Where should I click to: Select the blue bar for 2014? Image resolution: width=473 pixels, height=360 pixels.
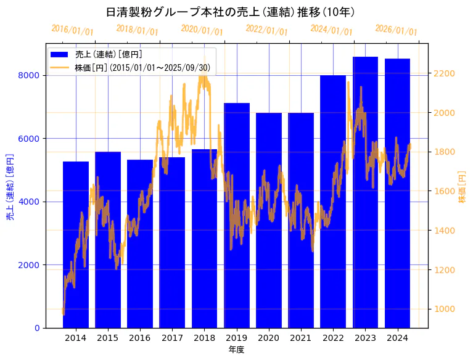pyautogui.click(x=76, y=247)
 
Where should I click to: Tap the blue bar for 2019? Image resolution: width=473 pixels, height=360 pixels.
pyautogui.click(x=237, y=216)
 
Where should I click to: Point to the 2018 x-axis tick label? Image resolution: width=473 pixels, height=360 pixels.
pyautogui.click(x=204, y=338)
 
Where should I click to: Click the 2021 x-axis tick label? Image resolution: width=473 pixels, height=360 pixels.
pyautogui.click(x=301, y=338)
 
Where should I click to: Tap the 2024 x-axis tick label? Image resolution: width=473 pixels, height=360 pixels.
pyautogui.click(x=397, y=338)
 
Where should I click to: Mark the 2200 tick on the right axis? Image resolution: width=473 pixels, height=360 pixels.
pyautogui.click(x=445, y=73)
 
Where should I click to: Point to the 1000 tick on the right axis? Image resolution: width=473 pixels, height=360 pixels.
pyautogui.click(x=445, y=309)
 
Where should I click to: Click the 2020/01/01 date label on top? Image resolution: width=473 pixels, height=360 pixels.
pyautogui.click(x=202, y=30)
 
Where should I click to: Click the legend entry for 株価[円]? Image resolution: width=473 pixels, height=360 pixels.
pyautogui.click(x=142, y=67)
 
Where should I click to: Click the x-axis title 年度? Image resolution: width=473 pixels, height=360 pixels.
pyautogui.click(x=236, y=350)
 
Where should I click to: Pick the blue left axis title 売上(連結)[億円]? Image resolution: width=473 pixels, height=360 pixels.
pyautogui.click(x=10, y=187)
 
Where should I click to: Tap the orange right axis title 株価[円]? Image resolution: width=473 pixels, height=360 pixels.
pyautogui.click(x=462, y=187)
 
